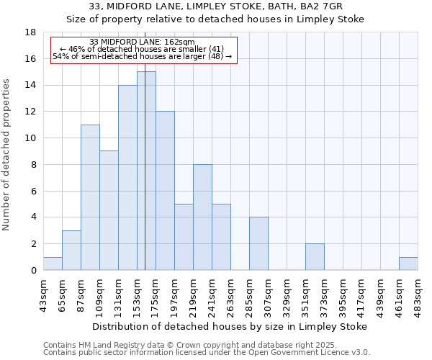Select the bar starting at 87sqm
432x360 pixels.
point(90,197)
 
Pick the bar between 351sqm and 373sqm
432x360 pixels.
point(315,257)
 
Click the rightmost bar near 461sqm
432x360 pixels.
point(408,264)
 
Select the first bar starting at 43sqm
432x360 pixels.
point(53,264)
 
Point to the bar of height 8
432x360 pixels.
point(202,217)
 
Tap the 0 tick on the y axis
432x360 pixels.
point(34,270)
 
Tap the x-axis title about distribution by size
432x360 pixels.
point(230,326)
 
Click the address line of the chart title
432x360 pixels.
point(215,7)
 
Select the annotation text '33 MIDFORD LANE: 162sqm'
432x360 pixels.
point(143,42)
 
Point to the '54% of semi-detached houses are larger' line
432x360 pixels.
point(143,56)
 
